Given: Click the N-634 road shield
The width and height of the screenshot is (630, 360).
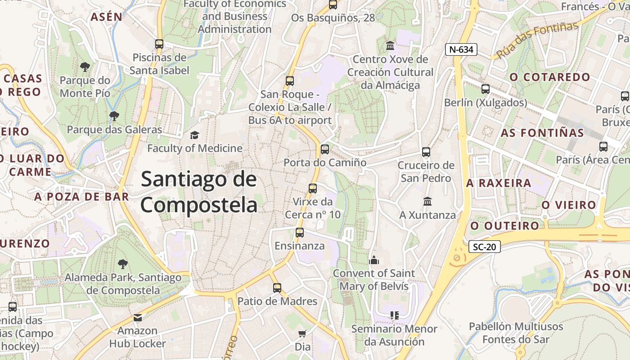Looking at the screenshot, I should [461, 49].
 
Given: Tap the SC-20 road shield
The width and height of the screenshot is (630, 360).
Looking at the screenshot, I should [484, 247].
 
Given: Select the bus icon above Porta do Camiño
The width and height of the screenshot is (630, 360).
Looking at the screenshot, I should [324, 149].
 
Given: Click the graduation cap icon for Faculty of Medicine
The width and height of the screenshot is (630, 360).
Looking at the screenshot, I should [194, 135].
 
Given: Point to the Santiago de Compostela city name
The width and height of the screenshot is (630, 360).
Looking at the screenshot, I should [199, 192].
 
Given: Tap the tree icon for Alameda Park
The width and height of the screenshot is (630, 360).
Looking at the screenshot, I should [122, 264].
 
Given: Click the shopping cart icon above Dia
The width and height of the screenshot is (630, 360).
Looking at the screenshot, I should [302, 334].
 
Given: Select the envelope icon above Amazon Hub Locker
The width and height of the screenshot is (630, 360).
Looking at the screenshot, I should [138, 318].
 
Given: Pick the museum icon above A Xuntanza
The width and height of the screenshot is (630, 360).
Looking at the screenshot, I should [427, 201].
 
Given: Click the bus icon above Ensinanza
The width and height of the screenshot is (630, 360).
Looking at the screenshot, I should [299, 233].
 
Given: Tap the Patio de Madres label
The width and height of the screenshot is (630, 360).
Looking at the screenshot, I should [277, 301].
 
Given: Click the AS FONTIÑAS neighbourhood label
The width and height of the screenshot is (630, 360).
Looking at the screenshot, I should [542, 133].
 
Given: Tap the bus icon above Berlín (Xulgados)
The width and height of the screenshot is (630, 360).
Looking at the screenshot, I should [485, 89].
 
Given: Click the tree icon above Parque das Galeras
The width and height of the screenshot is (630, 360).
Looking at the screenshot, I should [114, 116].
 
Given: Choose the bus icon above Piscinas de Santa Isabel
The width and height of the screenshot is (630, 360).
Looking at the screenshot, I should [159, 44].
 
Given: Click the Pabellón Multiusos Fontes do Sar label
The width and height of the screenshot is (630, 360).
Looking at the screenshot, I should [516, 333].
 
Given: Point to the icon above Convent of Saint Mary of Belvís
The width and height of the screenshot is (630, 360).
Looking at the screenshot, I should [373, 260].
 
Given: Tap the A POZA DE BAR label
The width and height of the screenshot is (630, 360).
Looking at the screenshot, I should [81, 196].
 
